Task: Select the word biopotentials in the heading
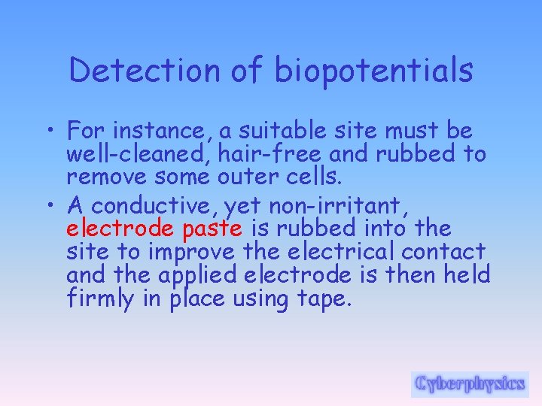click(374, 71)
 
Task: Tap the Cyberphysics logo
click(470, 384)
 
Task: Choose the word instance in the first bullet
click(161, 132)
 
